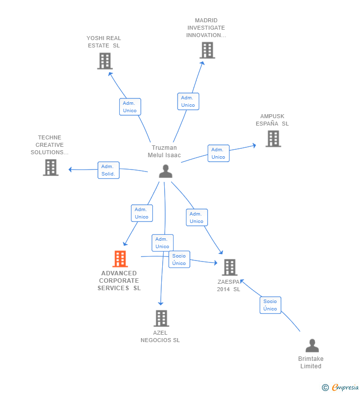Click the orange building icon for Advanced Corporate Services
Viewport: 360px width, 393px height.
point(120,259)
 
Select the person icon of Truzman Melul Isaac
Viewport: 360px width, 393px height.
point(166,171)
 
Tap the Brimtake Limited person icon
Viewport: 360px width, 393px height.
point(312,346)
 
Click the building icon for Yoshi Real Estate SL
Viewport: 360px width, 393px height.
point(105,61)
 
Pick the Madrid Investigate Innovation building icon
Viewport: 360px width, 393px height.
point(207,50)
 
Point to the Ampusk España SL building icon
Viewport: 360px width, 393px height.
point(273,138)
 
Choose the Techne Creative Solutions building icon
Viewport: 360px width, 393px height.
point(50,167)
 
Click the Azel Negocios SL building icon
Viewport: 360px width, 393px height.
point(161,318)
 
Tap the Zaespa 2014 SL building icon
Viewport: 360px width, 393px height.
point(229,267)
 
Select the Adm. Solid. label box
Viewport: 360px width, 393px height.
point(108,170)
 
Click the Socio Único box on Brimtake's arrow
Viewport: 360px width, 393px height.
point(270,305)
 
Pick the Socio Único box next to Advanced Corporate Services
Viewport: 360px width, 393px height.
point(179,260)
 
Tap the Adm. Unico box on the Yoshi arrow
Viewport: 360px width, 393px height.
point(130,107)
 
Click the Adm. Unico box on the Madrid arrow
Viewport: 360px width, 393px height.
point(188,101)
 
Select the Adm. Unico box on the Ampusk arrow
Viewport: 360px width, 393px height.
point(218,153)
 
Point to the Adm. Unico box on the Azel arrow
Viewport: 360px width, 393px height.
point(162,243)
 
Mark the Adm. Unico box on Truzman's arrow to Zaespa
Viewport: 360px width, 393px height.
point(196,218)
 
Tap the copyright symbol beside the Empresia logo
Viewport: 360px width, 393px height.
point(325,388)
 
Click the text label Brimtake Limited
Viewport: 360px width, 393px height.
point(311,362)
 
